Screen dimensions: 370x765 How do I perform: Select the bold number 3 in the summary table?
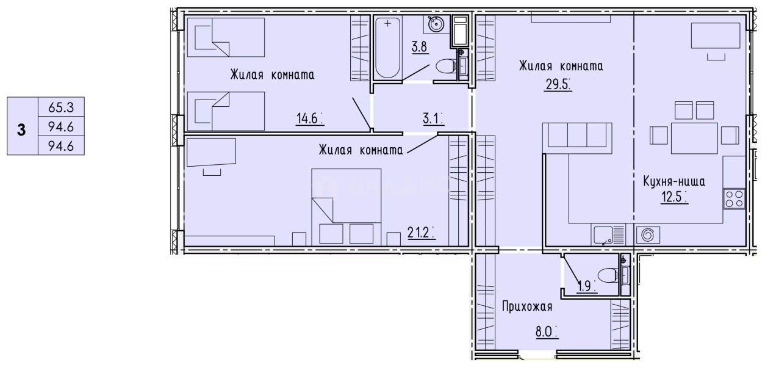pos(22,129)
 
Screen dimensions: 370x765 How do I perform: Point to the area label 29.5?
pos(558,84)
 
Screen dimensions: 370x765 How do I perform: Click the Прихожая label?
pos(527,305)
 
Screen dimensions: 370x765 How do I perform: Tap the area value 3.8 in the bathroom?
pos(418,46)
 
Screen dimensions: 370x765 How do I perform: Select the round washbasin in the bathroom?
pos(436,24)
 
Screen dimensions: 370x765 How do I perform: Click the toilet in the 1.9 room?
pos(608,276)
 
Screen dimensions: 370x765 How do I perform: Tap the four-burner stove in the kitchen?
pos(734,199)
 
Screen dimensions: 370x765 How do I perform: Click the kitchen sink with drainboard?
pos(608,235)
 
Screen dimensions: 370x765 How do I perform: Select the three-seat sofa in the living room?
pos(576,135)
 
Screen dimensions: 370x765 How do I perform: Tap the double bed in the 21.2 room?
pos(346,206)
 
